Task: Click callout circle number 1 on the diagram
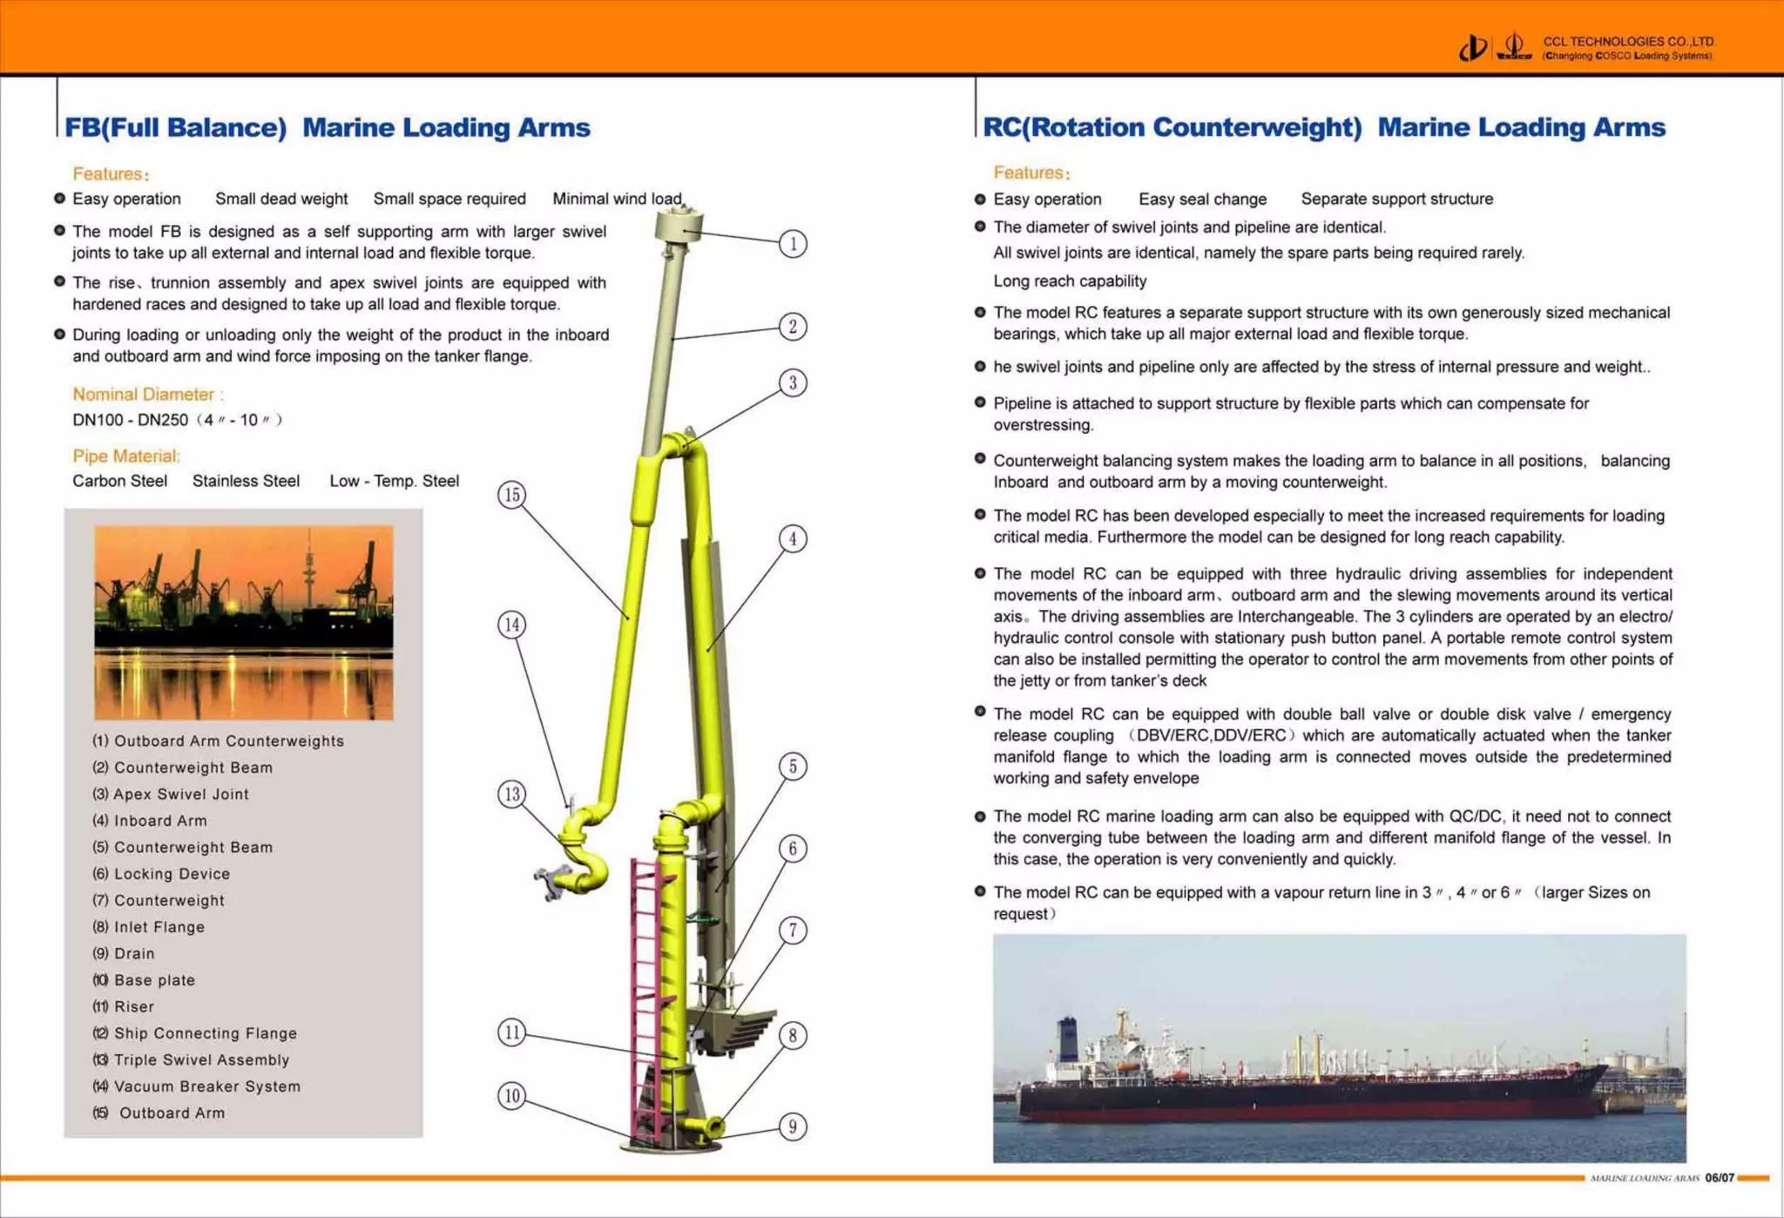click(x=793, y=244)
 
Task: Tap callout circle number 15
click(x=512, y=495)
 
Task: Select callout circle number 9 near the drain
click(x=793, y=1127)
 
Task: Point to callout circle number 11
click(x=512, y=1032)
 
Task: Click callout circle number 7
click(x=793, y=930)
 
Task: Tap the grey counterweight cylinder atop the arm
click(x=679, y=227)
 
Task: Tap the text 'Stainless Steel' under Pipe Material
click(x=246, y=481)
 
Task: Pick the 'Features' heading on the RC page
click(x=1031, y=173)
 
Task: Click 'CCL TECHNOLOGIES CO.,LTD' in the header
click(x=1627, y=41)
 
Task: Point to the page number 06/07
click(x=1719, y=1178)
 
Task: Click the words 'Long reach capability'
click(x=1070, y=281)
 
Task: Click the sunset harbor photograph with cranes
click(x=244, y=622)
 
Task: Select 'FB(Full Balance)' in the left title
click(x=175, y=127)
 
